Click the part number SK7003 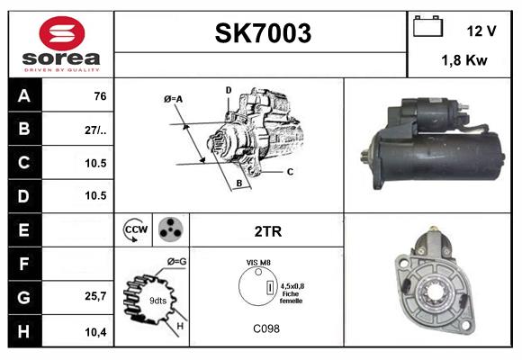(x=262, y=33)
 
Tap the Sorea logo (x=61, y=45)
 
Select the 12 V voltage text (x=481, y=31)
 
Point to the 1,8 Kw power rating (x=465, y=60)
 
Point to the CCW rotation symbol (x=135, y=230)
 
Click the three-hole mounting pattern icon (x=170, y=230)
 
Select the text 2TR (x=268, y=231)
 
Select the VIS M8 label (x=258, y=262)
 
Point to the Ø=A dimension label (x=174, y=99)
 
